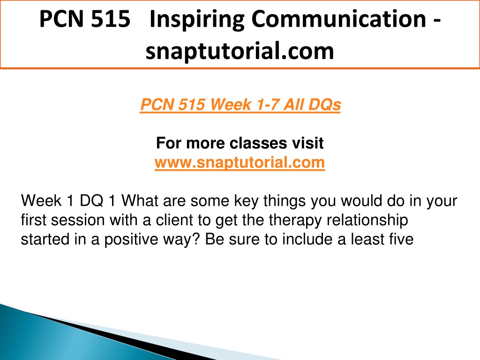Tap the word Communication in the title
tap(339, 19)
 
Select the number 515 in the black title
tap(111, 19)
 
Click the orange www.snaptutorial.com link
tap(240, 163)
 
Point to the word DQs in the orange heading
tap(324, 105)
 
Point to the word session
tap(77, 220)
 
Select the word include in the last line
tap(307, 240)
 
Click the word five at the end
tap(402, 240)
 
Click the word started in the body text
tap(45, 240)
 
